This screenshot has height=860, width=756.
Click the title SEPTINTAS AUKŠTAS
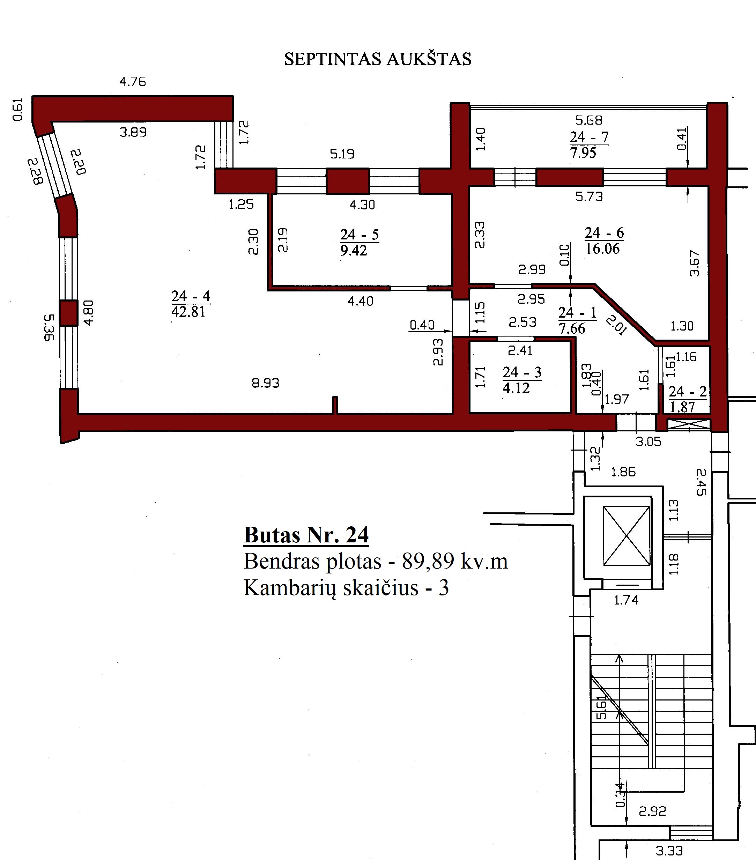point(377,59)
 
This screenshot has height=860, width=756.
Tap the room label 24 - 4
point(191,296)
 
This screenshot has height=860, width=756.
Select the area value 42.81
point(188,312)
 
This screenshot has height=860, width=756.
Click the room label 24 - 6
point(604,233)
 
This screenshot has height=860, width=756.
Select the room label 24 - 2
point(688,392)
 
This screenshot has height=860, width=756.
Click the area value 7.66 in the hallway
point(572,328)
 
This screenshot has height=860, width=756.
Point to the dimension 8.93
point(266,383)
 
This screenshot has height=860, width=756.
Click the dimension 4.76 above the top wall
point(133,82)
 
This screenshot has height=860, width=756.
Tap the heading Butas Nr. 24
point(306,535)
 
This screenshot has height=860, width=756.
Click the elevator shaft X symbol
point(627,536)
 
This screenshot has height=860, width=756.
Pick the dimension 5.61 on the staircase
point(602,708)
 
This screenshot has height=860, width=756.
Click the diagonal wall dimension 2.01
point(616,325)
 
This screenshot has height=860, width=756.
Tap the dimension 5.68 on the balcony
point(588,121)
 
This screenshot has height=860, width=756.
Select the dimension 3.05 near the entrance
point(648,442)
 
